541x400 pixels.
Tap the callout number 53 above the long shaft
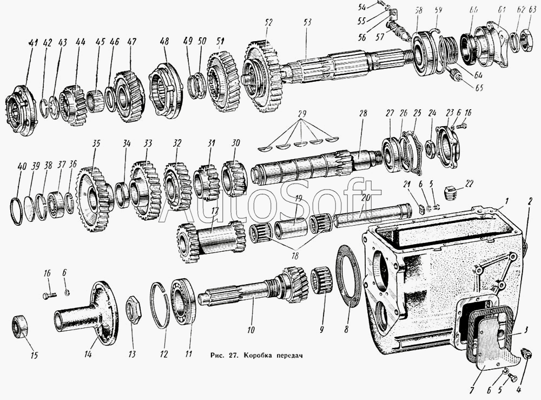pos(307,23)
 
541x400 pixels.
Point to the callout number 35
pos(96,145)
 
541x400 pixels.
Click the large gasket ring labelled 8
pos(348,276)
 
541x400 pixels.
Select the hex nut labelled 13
pos(133,310)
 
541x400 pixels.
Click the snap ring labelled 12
pos(160,305)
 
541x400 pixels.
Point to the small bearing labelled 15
pos(20,326)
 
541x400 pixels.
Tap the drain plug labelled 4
pos(525,355)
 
